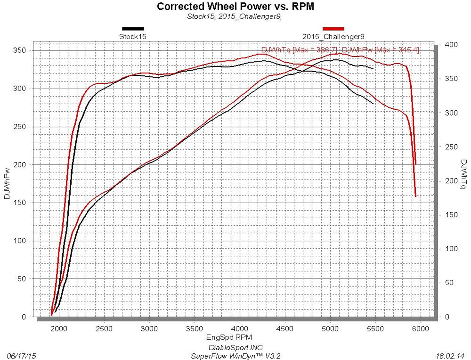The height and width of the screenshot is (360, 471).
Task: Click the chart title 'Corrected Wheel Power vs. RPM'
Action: click(x=235, y=6)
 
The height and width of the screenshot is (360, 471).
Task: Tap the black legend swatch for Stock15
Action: click(x=133, y=29)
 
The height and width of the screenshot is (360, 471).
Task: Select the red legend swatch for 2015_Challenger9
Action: click(x=333, y=29)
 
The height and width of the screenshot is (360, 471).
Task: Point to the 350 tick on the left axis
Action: click(x=19, y=51)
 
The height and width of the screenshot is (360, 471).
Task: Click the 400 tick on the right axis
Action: click(x=451, y=45)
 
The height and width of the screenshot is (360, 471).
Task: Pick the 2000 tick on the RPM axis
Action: click(x=59, y=329)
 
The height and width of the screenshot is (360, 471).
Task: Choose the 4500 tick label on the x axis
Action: click(x=285, y=329)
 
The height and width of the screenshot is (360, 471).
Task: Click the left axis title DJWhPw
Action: click(x=7, y=183)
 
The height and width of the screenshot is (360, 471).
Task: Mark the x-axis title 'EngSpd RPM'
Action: click(x=229, y=337)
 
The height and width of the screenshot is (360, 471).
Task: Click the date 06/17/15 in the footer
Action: click(x=21, y=356)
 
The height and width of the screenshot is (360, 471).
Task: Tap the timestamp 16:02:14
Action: click(x=450, y=356)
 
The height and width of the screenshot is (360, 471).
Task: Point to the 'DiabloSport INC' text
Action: click(x=235, y=347)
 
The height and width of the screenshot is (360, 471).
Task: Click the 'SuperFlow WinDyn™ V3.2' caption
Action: click(x=235, y=356)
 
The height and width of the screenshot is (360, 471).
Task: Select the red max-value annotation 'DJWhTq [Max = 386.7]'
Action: click(x=299, y=50)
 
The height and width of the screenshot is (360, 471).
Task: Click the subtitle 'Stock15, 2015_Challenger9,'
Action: click(x=234, y=16)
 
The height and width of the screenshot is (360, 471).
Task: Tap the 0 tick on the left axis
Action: click(x=24, y=317)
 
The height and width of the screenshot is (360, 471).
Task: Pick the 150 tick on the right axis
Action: click(x=451, y=215)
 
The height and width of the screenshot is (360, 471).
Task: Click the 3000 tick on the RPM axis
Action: click(x=149, y=329)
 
